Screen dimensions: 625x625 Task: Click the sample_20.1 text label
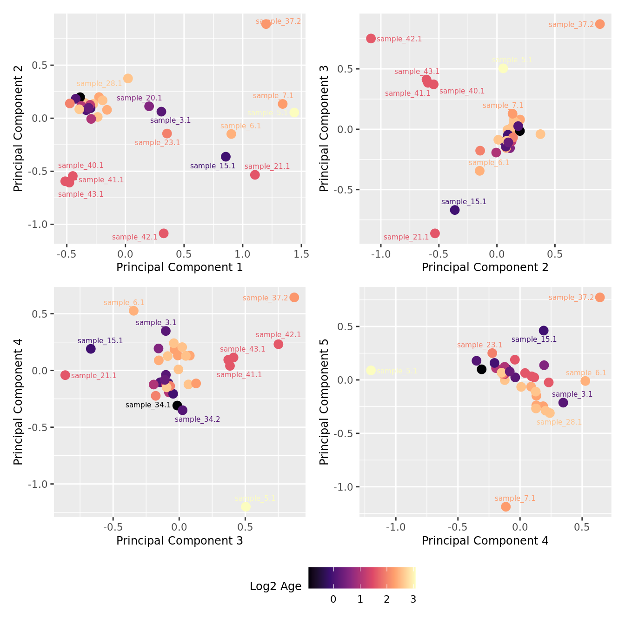(x=139, y=98)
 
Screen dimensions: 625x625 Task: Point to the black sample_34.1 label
(x=148, y=405)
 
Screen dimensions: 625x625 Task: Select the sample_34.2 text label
(x=197, y=419)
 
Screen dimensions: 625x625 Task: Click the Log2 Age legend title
(x=275, y=586)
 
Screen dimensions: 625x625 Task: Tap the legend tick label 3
(x=413, y=599)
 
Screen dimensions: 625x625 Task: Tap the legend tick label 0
(x=333, y=599)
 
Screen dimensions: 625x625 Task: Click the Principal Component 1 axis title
(x=180, y=267)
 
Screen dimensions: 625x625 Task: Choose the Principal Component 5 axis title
(x=324, y=401)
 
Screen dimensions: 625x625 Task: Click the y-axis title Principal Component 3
(x=324, y=128)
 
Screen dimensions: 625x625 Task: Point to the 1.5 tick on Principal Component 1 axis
(x=301, y=254)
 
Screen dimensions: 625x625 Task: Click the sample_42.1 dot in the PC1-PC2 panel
(x=164, y=233)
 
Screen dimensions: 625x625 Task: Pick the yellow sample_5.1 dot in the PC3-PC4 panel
(x=246, y=506)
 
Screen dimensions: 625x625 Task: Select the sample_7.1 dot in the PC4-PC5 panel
(x=505, y=506)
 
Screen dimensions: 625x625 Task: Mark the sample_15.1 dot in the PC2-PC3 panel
(x=455, y=210)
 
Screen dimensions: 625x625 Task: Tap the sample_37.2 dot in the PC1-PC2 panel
(x=266, y=24)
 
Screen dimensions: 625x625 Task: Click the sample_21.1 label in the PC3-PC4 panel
(x=93, y=376)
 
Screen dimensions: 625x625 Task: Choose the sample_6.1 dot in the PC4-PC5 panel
(x=585, y=381)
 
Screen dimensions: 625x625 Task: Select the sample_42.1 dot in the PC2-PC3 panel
(x=371, y=39)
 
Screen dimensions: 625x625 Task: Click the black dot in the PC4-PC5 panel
(x=482, y=369)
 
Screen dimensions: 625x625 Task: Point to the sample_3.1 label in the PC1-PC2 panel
(x=170, y=120)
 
